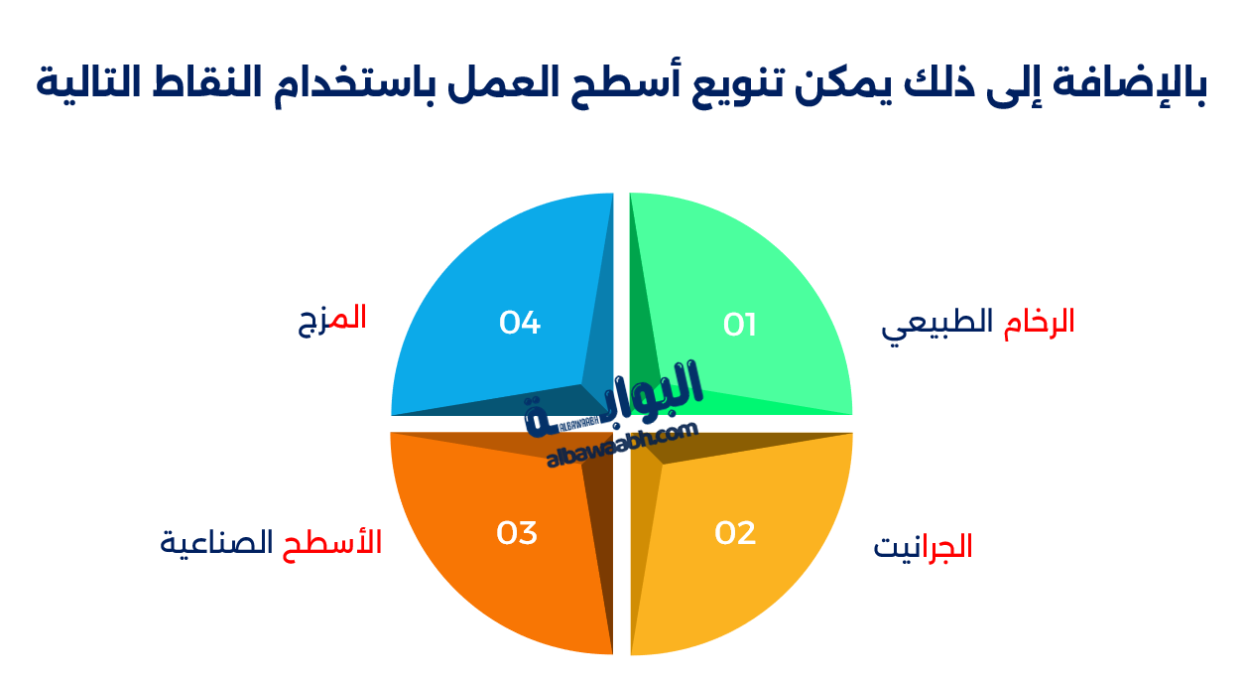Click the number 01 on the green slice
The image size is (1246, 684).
(740, 325)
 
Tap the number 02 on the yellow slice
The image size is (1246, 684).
(735, 533)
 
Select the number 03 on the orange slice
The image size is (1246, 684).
(517, 533)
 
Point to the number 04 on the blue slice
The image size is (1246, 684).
(520, 323)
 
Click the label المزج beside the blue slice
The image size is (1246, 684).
(332, 320)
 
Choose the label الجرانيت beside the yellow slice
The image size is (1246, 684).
(923, 547)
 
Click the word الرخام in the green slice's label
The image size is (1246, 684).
(1039, 323)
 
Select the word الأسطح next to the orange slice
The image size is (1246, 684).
(345, 543)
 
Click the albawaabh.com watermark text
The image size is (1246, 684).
(622, 444)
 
